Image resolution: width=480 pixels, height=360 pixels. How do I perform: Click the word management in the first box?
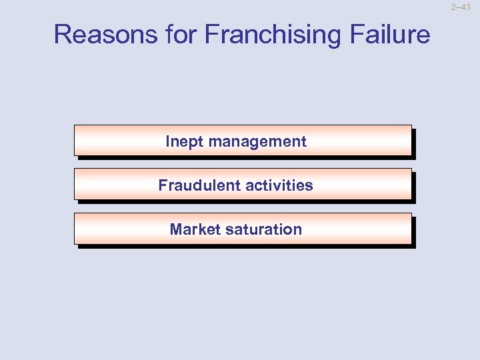click(257, 141)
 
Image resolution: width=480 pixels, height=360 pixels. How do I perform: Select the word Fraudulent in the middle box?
click(197, 185)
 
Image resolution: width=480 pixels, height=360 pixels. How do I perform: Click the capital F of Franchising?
click(211, 34)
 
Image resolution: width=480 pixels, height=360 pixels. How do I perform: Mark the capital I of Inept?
click(168, 141)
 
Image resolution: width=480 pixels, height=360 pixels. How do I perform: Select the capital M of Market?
click(176, 229)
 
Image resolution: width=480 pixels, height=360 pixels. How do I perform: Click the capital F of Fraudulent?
click(163, 185)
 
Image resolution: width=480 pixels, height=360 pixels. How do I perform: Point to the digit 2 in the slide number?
click(453, 7)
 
